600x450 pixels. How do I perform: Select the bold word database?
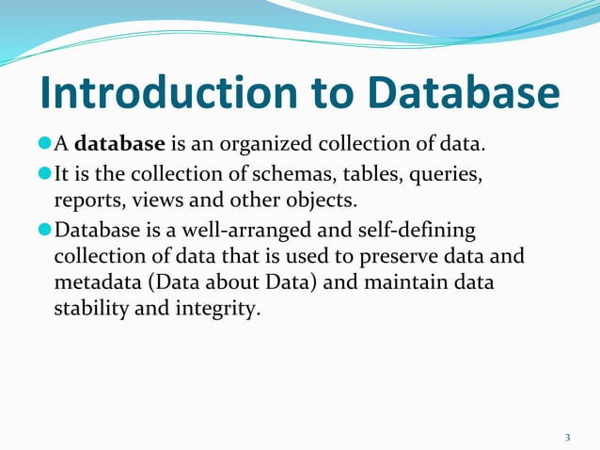[x=120, y=144]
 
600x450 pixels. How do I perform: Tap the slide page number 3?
[x=568, y=437]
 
